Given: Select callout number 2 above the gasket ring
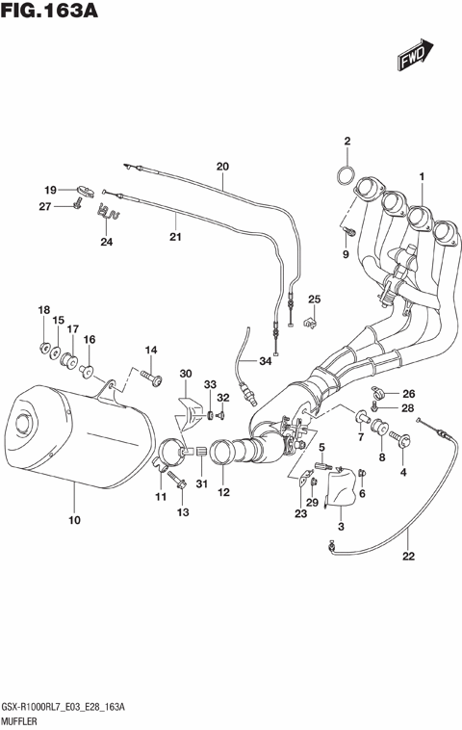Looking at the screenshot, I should (347, 142).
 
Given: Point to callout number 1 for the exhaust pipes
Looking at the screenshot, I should (421, 175).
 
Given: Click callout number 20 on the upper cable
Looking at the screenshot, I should (222, 166).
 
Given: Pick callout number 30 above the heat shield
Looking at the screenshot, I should (185, 374).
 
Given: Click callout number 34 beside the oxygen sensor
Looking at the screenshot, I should (266, 361).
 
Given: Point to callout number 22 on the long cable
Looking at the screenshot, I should (408, 556).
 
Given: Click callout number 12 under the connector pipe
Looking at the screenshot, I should (223, 494).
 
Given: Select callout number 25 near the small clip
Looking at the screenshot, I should (314, 299).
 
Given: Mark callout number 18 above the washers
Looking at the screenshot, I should (43, 309).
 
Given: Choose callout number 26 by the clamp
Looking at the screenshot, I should (408, 393).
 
